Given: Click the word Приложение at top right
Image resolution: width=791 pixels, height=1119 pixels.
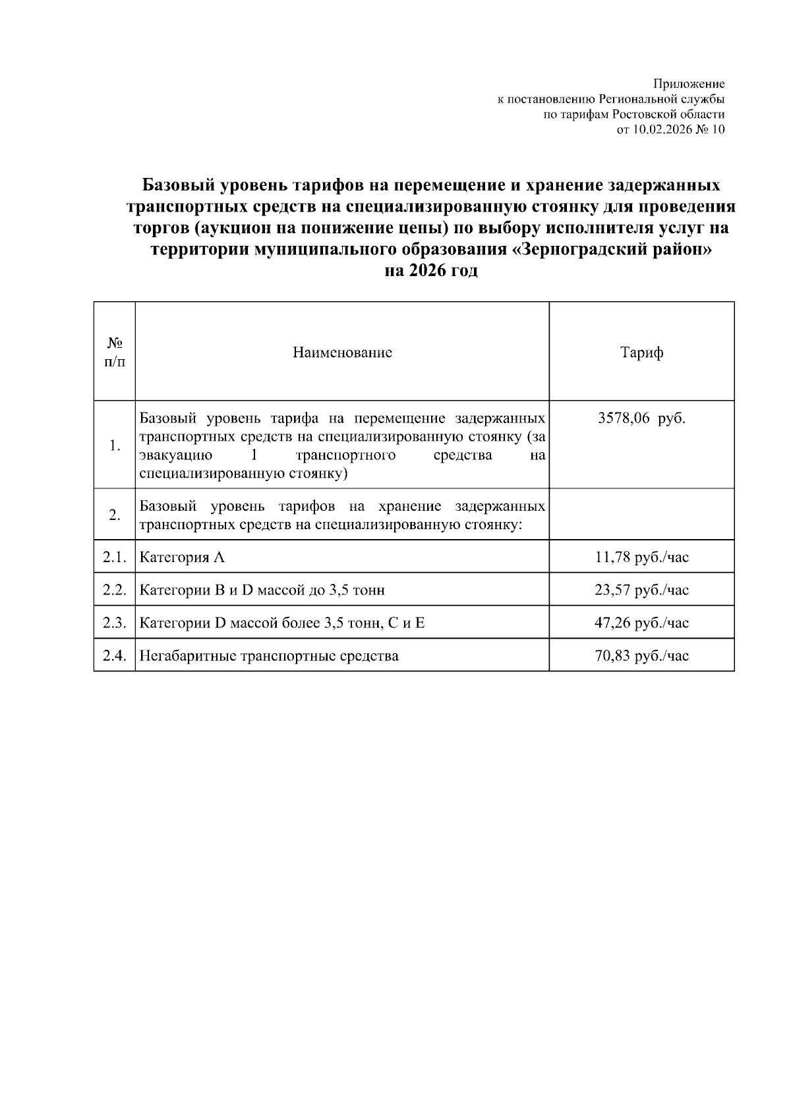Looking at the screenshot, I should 689,84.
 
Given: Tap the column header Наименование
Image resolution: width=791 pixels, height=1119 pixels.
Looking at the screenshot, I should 342,353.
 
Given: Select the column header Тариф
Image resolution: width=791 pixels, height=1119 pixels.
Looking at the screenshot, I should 641,353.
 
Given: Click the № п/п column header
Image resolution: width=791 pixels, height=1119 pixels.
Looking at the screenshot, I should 114,353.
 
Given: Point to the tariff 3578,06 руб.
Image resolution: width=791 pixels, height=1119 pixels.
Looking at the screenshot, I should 641,419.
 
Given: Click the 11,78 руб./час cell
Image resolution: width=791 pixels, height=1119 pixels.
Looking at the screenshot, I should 641,558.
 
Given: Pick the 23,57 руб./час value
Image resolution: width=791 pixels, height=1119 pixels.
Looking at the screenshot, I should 641,590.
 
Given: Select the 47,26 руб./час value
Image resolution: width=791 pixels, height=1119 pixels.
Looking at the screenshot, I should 641,623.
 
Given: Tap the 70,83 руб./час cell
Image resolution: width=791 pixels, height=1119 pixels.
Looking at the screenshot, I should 641,656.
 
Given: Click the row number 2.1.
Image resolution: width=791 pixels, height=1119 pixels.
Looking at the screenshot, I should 114,558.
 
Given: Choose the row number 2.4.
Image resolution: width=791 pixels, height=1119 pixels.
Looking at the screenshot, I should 114,656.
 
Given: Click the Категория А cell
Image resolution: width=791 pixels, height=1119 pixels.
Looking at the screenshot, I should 183,558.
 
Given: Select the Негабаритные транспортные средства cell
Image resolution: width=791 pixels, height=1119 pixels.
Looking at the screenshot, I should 269,656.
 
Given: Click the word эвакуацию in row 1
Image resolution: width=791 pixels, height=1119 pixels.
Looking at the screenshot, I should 175,455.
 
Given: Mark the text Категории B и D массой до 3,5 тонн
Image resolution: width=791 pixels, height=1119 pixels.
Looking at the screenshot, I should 262,590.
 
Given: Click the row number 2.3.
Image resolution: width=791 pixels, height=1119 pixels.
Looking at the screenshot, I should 114,623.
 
